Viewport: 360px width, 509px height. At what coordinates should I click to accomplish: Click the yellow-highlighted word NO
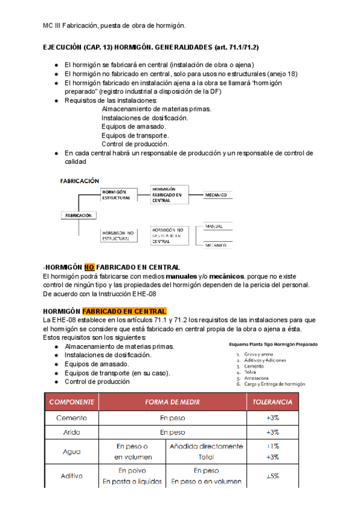89,267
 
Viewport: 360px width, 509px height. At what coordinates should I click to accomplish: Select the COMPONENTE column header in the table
71,402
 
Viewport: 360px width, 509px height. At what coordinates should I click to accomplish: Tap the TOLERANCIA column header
272,402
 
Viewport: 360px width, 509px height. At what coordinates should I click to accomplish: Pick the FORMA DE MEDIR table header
172,402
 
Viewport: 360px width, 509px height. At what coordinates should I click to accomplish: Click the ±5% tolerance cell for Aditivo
272,476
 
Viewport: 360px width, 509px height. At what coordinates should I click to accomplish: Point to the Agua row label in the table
71,451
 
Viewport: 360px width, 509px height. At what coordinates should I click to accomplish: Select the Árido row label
71,432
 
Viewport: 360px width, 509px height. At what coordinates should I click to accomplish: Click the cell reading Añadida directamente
206,446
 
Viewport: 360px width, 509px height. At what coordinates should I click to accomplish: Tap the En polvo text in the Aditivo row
132,471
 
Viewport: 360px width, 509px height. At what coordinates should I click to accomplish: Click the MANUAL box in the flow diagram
214,227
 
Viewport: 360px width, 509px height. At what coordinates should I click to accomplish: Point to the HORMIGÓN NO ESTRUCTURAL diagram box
116,235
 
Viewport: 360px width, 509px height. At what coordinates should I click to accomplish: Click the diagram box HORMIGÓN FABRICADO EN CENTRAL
168,194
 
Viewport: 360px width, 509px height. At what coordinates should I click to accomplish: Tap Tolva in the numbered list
250,372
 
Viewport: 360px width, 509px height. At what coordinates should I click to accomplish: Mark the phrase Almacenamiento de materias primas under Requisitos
156,109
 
